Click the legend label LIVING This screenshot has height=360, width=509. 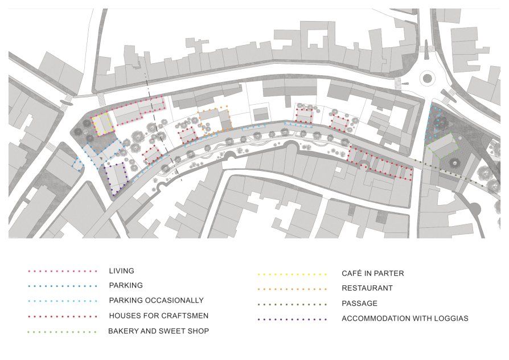click(121, 271)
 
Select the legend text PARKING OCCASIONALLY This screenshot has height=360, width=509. click(156, 300)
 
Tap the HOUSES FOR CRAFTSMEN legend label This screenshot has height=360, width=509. click(158, 316)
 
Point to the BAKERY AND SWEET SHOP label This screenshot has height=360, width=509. click(158, 331)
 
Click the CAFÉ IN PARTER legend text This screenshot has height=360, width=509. click(373, 273)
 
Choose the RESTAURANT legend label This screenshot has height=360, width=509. click(367, 288)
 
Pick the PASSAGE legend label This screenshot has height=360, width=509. click(359, 303)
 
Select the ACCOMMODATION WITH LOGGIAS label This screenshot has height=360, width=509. click(405, 318)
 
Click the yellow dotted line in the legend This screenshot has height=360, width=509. click(292, 275)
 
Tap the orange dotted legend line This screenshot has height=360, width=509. click(292, 289)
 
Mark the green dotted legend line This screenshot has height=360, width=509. click(62, 332)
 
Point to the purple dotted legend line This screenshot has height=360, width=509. click(292, 320)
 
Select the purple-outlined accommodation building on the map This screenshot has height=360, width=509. click(116, 178)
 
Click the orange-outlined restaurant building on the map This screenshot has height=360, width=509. click(215, 120)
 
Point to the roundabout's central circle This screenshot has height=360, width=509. click(427, 78)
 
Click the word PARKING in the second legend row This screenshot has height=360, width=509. click(126, 285)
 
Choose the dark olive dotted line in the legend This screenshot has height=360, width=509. click(292, 305)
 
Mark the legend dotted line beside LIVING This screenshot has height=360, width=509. click(62, 271)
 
